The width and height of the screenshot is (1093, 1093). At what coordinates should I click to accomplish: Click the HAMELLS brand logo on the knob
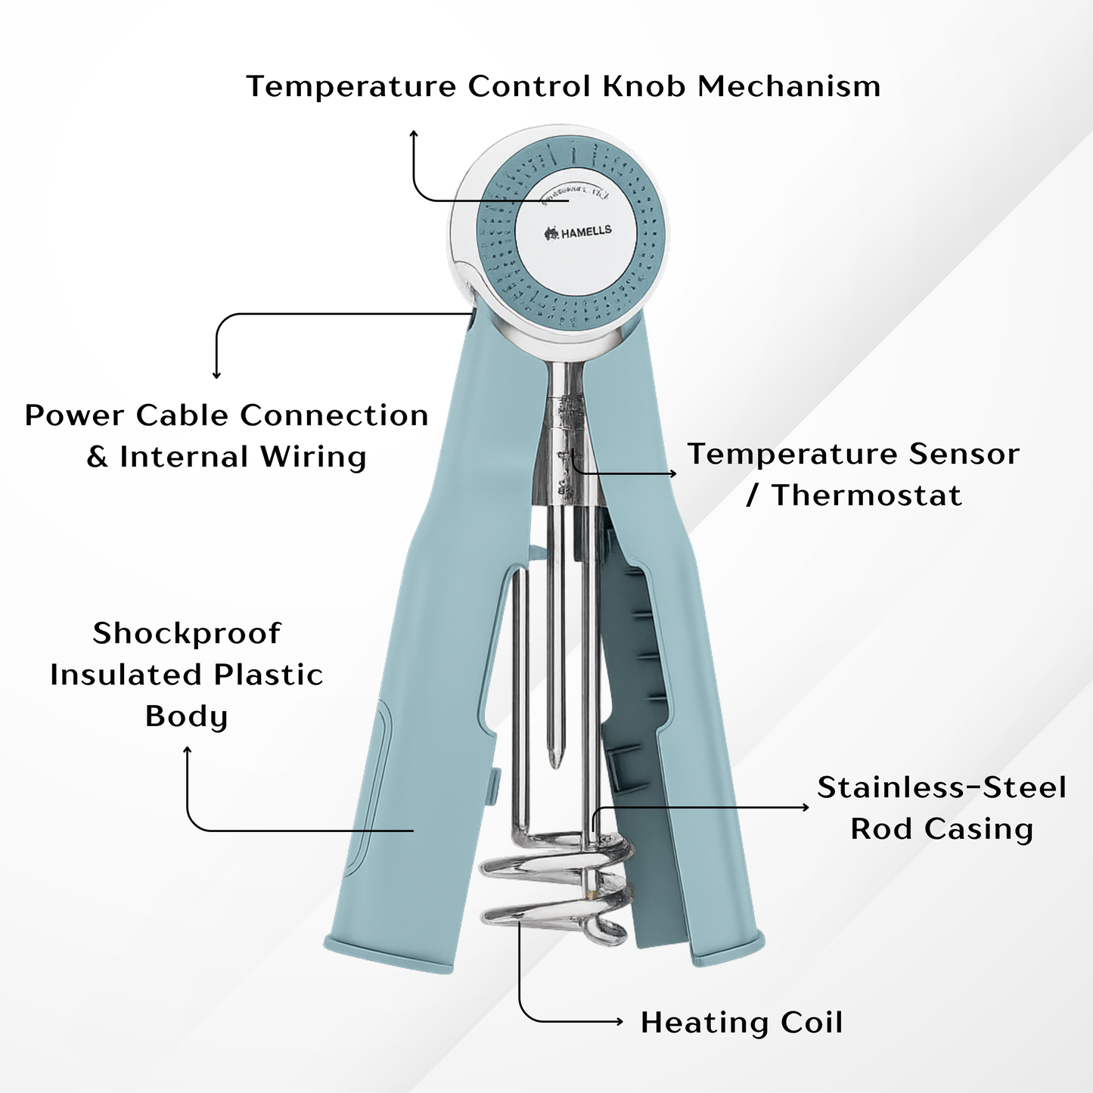[x=579, y=232]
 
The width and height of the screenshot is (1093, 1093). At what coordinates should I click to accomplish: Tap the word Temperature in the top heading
[x=351, y=86]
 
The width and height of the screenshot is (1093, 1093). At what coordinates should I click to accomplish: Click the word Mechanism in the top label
[x=789, y=86]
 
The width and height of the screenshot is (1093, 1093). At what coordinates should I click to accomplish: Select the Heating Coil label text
[x=741, y=1023]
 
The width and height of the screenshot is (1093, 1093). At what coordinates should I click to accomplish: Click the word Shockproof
[x=187, y=634]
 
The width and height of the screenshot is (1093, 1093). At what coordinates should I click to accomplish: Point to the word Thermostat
[x=867, y=496]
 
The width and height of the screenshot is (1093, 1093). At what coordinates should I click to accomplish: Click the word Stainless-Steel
[x=942, y=787]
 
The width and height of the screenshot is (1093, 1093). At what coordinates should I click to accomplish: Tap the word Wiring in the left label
[x=313, y=457]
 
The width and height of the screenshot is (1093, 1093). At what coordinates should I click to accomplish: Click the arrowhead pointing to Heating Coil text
[x=619, y=1022]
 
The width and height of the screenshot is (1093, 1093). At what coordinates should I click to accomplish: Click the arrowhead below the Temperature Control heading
[x=413, y=134]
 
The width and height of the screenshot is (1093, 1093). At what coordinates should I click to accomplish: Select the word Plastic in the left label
[x=268, y=675]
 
